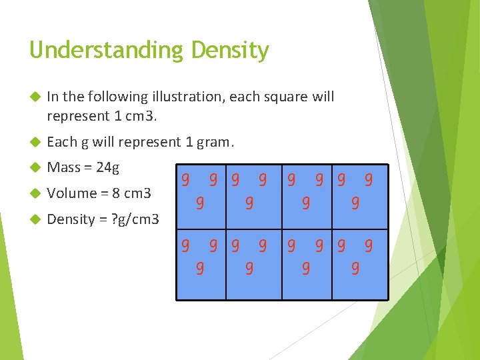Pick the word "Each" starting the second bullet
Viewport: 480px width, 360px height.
tap(62, 142)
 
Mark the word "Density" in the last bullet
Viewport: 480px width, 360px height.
tap(73, 220)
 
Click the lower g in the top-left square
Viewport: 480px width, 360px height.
tap(199, 202)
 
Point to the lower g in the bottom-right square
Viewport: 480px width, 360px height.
tap(355, 269)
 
